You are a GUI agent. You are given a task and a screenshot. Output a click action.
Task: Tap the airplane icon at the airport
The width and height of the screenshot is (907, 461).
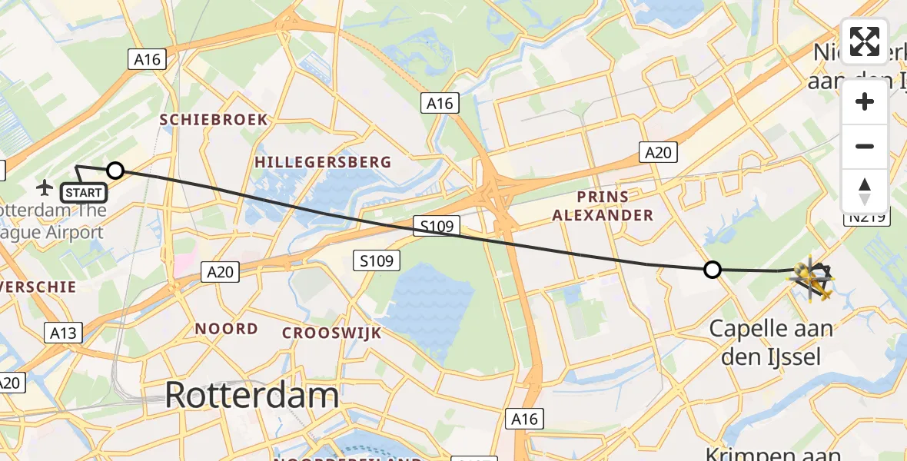(45, 187)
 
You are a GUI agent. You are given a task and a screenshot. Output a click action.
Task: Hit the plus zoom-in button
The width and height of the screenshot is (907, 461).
(865, 102)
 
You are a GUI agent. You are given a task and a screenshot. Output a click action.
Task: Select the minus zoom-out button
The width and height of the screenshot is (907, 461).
(865, 146)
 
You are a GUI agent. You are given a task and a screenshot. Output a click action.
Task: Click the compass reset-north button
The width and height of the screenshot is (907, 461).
(865, 191)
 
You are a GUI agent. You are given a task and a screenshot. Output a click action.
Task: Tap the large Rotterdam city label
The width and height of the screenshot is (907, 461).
(251, 396)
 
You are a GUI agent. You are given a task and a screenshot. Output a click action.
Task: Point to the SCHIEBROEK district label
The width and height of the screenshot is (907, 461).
(214, 120)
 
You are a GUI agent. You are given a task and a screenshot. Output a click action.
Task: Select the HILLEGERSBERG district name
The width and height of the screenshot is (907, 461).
(323, 162)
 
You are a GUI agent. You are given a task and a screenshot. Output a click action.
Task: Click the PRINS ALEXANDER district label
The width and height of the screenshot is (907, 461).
(603, 205)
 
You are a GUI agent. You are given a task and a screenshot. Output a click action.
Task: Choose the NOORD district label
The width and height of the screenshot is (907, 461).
(226, 329)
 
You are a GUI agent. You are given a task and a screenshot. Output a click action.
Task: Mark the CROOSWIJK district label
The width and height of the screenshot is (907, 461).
(331, 333)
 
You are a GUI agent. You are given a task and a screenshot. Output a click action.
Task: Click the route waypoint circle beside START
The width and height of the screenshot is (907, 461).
(115, 171)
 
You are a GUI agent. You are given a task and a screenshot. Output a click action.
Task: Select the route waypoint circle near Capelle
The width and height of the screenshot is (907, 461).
(713, 270)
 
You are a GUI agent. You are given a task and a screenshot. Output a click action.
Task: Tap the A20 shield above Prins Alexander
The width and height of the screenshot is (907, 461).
(658, 152)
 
